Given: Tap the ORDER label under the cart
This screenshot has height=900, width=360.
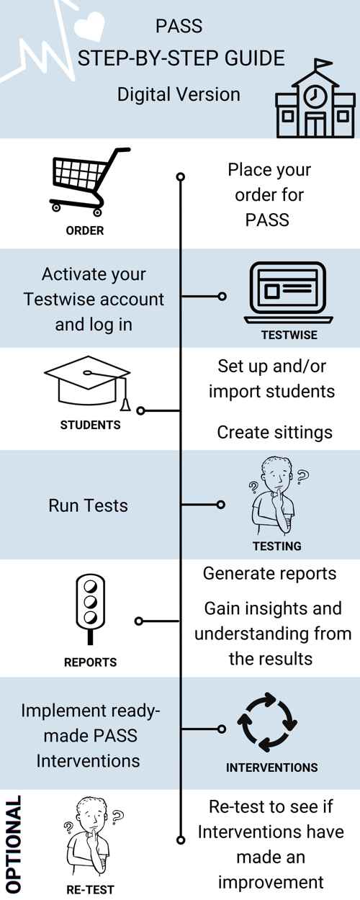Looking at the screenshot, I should click(85, 231).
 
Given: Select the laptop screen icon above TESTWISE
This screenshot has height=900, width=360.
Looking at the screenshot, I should click(288, 292).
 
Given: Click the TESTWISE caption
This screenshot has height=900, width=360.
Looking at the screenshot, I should click(289, 335).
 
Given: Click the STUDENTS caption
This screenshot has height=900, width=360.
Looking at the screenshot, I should click(90, 425).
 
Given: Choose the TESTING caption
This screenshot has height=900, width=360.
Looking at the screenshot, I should click(277, 546).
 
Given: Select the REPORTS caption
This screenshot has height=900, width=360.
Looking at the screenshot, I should click(90, 662).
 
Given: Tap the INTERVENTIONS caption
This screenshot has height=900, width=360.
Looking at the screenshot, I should click(271, 768).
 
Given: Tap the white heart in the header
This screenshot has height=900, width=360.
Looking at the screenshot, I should click(94, 27).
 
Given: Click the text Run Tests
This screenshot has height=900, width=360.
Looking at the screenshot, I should click(88, 505).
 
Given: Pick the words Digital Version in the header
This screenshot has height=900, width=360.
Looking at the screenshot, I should click(179, 94).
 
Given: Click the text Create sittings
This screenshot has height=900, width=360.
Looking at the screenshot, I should click(274, 431).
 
